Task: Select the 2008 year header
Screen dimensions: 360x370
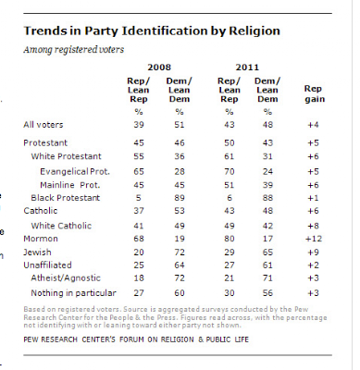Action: (159, 68)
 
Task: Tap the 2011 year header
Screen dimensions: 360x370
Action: (247, 68)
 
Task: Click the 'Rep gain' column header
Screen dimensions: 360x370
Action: (315, 93)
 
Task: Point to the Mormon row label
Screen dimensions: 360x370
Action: (41, 239)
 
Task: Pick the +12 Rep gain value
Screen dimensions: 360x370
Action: (313, 239)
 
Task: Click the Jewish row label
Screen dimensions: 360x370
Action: (37, 253)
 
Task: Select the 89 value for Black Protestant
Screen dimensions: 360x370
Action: (180, 198)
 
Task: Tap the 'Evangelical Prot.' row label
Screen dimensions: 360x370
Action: (75, 172)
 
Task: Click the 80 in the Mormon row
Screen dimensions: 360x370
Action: (230, 239)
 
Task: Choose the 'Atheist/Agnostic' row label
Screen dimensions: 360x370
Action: (66, 278)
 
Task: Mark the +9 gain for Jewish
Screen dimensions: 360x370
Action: (313, 253)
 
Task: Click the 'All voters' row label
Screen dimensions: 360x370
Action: (43, 125)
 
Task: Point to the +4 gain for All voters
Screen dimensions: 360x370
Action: (313, 125)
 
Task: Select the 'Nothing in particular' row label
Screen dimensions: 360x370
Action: (73, 293)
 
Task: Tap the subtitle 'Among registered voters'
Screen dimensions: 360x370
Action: (74, 50)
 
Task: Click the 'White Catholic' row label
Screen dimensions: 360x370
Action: (61, 226)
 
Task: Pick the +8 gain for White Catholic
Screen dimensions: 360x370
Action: (313, 226)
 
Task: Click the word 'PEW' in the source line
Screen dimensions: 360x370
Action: (31, 339)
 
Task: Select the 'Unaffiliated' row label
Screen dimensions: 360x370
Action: (47, 265)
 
